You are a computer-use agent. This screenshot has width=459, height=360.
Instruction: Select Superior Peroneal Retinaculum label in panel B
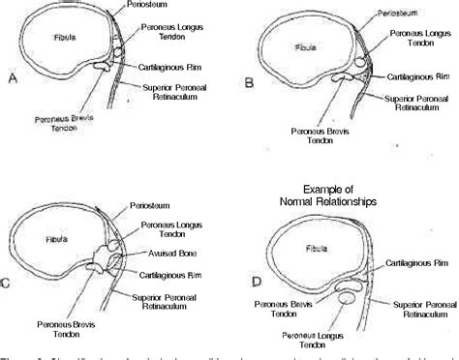coord(416,103)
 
